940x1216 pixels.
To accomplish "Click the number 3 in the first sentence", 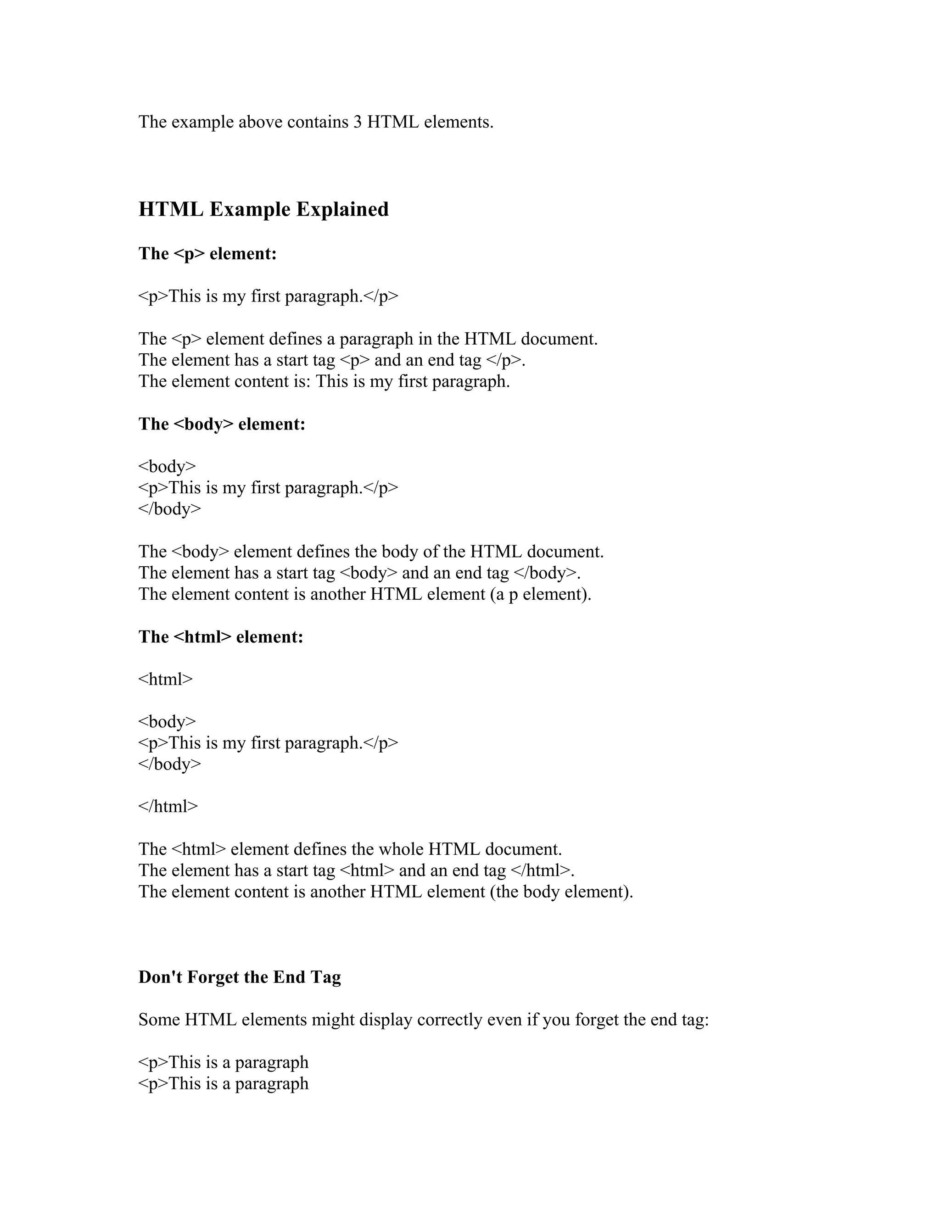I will tap(358, 122).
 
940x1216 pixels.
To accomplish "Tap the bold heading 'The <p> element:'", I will tap(208, 254).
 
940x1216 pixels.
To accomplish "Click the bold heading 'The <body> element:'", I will tap(222, 424).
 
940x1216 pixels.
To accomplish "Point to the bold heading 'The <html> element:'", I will tap(220, 637).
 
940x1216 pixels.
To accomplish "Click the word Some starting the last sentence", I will tap(159, 1020).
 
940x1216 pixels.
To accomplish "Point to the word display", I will tap(386, 1020).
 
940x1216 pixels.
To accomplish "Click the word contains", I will tap(318, 122).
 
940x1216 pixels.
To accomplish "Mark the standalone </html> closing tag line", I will tap(168, 806).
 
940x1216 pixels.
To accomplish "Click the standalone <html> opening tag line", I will tap(165, 679).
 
